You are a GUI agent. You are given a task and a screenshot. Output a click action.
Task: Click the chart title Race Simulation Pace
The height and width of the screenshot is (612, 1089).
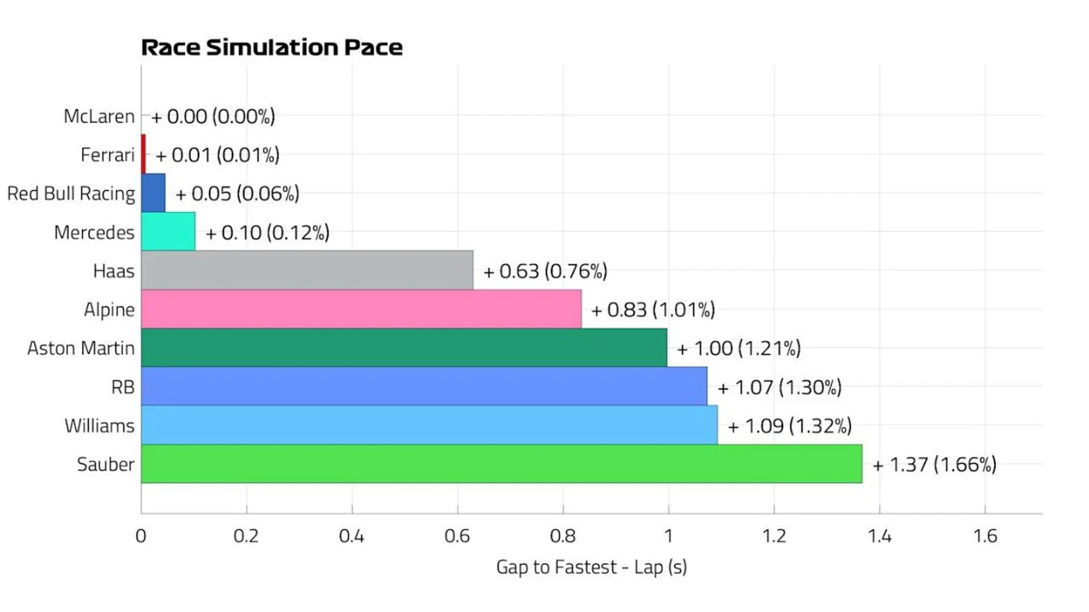click(x=272, y=48)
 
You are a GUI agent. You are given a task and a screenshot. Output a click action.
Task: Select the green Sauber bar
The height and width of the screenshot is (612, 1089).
click(x=502, y=464)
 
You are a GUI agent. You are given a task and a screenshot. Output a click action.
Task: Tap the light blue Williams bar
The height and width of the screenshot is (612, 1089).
click(x=430, y=425)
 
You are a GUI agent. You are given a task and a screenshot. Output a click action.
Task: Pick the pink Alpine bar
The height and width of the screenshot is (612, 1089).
click(x=361, y=309)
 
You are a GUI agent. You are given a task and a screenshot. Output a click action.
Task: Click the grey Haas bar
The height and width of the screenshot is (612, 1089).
click(x=307, y=270)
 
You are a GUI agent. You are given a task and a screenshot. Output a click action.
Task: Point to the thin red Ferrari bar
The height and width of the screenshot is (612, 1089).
click(x=143, y=154)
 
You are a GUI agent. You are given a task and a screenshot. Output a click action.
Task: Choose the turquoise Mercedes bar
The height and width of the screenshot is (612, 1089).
click(x=169, y=231)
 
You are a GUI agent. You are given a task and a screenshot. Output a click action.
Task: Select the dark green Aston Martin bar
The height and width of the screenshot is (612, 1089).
click(x=404, y=347)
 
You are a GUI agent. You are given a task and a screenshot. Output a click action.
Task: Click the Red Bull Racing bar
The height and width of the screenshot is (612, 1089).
click(x=153, y=193)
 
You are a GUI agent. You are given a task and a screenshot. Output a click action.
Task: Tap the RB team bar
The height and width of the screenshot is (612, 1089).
click(x=424, y=386)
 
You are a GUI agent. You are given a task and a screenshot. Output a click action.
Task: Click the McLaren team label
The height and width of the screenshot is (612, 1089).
click(x=99, y=116)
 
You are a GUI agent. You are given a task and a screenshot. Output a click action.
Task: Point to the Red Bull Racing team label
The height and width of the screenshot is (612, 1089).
click(x=71, y=194)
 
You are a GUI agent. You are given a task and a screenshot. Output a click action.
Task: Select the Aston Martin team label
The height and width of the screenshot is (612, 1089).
click(x=81, y=348)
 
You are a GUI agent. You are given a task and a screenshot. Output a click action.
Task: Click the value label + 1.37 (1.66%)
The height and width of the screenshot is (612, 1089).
click(x=935, y=465)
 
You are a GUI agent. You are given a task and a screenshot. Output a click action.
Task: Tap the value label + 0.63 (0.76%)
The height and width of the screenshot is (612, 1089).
click(x=545, y=271)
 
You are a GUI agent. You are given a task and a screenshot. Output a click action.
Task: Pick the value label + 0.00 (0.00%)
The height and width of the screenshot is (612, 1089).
click(x=213, y=117)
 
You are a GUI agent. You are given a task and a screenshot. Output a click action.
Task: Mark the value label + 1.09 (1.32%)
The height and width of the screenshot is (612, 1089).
click(x=789, y=426)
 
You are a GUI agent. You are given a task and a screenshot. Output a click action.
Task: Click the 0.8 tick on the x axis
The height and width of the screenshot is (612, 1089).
click(x=563, y=536)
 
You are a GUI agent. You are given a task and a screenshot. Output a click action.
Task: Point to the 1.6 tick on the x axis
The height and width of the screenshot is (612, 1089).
click(x=985, y=536)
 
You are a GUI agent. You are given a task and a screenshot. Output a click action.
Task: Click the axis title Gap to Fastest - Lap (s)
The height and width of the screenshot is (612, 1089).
click(x=591, y=567)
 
